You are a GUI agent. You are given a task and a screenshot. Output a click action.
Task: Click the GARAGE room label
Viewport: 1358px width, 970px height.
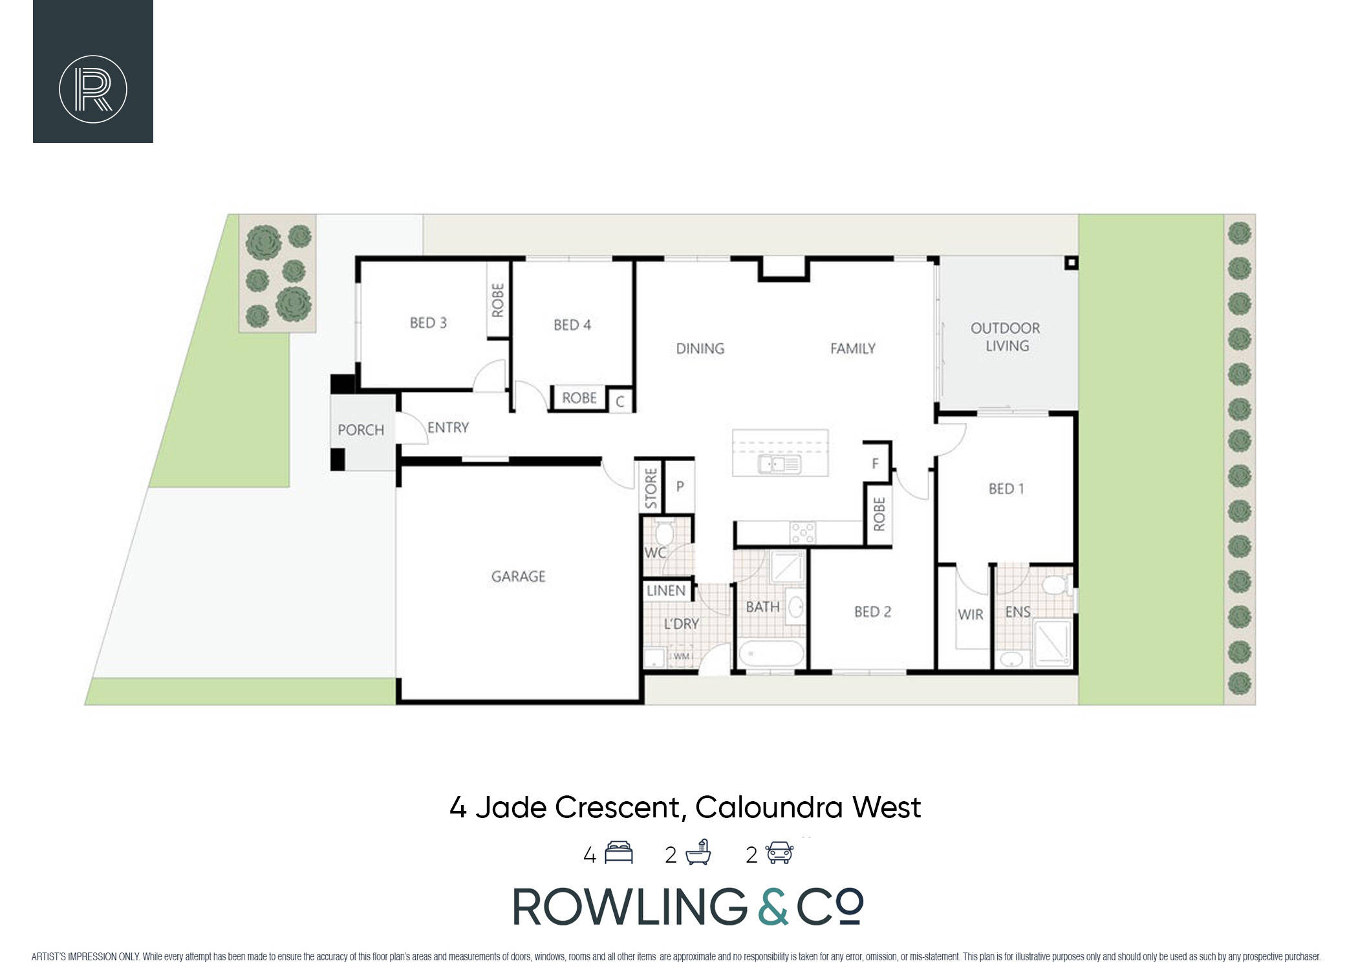[518, 576]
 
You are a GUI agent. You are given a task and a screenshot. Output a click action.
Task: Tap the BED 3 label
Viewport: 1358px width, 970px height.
[428, 323]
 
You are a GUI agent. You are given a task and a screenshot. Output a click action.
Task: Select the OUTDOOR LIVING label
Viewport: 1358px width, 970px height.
[1006, 337]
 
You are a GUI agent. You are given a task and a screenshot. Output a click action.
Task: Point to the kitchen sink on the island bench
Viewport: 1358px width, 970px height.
[780, 464]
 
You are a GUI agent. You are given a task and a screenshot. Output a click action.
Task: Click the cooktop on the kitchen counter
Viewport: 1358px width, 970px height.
[803, 533]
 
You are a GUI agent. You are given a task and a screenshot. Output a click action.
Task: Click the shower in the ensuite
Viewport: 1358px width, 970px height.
[1052, 643]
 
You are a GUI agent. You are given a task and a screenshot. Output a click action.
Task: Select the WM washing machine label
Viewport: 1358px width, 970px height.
[682, 656]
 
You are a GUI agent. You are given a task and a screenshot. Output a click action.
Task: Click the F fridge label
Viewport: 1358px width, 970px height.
[876, 463]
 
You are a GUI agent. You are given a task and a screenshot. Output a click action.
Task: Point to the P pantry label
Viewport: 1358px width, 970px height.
[680, 486]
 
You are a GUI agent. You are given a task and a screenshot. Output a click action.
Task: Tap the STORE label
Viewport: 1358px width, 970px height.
[651, 488]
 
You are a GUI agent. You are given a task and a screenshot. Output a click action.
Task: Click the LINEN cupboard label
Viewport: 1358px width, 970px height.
[666, 590]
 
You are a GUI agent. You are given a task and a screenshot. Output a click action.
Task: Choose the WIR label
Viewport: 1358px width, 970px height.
[970, 615]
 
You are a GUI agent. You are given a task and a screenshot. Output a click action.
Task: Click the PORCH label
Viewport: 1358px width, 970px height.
[361, 430]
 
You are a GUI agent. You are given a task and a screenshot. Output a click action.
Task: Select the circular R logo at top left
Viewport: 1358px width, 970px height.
[93, 89]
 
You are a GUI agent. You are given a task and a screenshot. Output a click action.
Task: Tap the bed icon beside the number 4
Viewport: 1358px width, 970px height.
[618, 853]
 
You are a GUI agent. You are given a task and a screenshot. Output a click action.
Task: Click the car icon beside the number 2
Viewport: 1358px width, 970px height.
[780, 853]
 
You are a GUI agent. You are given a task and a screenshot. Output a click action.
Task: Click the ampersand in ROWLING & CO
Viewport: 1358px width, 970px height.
[772, 906]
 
